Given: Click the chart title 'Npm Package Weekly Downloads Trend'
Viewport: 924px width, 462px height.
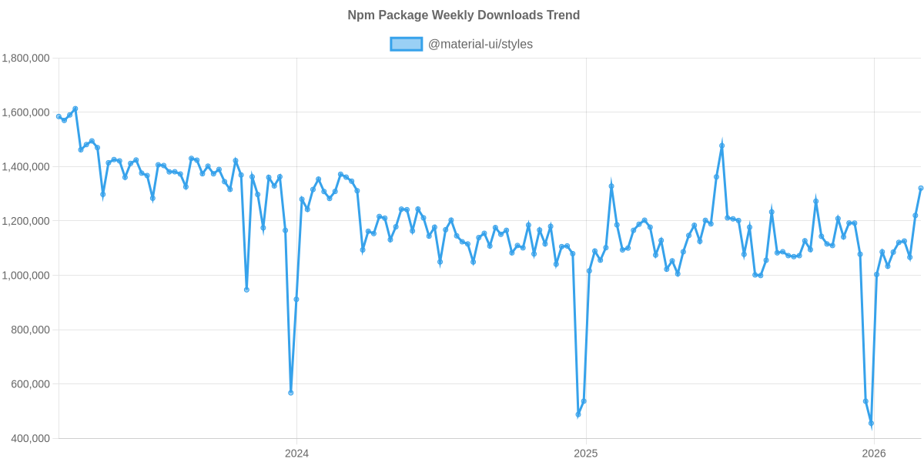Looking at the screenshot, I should tap(463, 15).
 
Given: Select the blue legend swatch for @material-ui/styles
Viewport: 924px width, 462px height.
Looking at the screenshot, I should tap(406, 44).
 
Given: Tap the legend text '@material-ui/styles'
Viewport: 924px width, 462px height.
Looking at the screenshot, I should tap(480, 44).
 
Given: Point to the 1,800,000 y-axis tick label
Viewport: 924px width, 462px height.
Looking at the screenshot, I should tap(26, 59).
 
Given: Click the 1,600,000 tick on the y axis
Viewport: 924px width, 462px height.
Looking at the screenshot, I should tap(26, 112).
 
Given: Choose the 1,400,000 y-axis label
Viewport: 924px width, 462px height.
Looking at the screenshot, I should tap(26, 167).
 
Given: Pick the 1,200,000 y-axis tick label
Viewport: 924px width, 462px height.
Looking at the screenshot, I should tap(26, 221).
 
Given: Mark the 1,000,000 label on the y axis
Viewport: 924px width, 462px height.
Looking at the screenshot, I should tap(26, 276).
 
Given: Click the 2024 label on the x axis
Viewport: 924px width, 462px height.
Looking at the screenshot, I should tap(296, 454).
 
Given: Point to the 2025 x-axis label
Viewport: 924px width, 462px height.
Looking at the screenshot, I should tap(586, 454).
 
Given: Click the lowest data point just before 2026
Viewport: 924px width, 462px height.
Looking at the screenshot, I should tap(871, 423).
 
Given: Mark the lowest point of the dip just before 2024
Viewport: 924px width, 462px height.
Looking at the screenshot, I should tap(291, 393).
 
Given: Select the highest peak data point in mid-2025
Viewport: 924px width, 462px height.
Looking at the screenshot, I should tap(721, 145).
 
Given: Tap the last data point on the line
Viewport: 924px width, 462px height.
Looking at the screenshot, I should tap(921, 188).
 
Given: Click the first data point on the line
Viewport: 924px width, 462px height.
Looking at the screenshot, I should tap(59, 116).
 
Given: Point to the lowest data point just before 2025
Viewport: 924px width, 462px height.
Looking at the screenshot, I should tap(578, 415).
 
